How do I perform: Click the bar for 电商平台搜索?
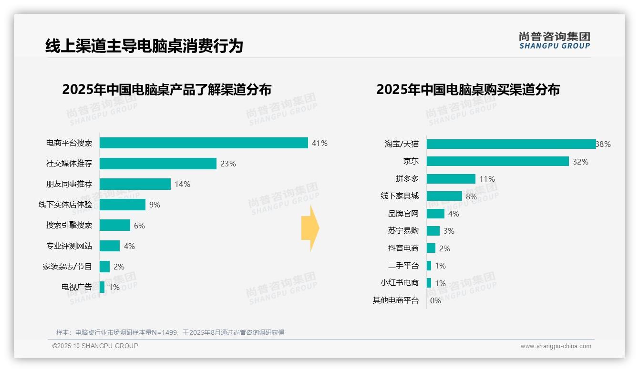(x=204, y=143)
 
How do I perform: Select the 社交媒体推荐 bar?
(x=158, y=164)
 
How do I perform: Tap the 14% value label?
(x=182, y=184)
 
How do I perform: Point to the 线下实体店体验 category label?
(x=65, y=205)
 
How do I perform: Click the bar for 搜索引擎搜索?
(x=115, y=225)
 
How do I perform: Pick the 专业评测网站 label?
(x=69, y=246)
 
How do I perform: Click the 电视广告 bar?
(x=102, y=287)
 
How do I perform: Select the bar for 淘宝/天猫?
(x=511, y=144)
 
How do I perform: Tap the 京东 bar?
(x=498, y=161)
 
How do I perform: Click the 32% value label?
(x=580, y=162)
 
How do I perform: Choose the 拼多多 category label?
(x=407, y=179)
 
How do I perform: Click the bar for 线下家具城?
(x=444, y=196)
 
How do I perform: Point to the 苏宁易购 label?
(x=403, y=231)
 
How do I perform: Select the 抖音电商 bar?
(x=431, y=248)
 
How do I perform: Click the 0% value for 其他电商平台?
(x=435, y=300)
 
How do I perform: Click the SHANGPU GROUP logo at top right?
(x=555, y=41)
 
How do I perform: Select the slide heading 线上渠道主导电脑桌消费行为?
(x=144, y=46)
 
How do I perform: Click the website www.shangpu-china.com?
(x=556, y=346)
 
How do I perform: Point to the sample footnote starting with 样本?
(x=170, y=332)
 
